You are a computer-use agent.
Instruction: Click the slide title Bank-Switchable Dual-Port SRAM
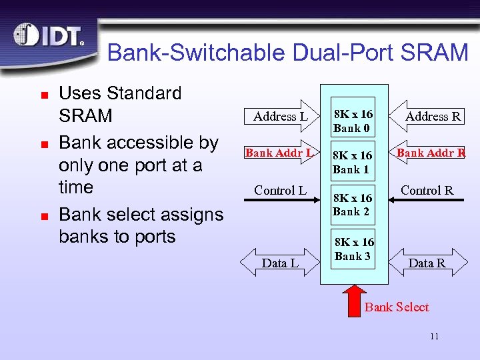(287, 53)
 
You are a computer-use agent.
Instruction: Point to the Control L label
(280, 190)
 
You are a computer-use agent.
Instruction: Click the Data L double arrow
(280, 263)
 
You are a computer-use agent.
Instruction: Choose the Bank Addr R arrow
(429, 153)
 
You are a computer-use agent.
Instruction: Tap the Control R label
(427, 190)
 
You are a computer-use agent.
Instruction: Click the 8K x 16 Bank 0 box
(353, 121)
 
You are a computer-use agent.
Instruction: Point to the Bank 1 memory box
(353, 162)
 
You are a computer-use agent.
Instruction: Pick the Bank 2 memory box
(353, 205)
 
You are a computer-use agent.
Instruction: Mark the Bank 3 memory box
(354, 249)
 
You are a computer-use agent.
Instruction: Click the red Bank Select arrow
(355, 299)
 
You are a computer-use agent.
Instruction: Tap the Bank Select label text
(397, 307)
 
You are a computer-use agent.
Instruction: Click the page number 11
(434, 336)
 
